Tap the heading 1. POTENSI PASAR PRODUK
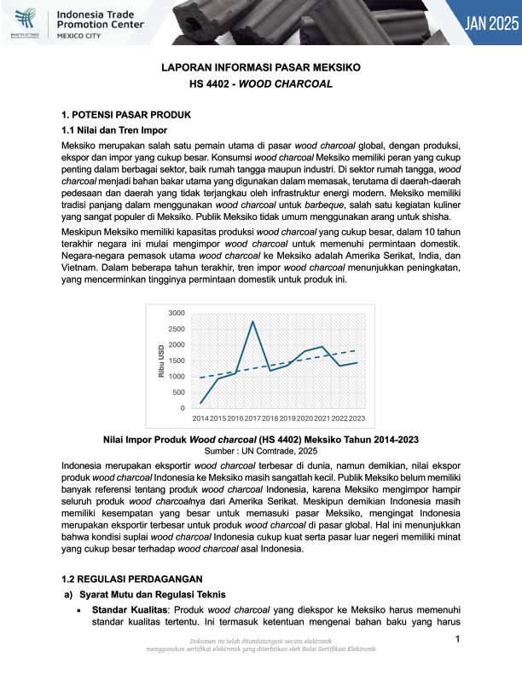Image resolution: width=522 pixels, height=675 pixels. (x=126, y=114)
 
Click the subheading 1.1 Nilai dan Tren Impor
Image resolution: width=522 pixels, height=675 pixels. (x=113, y=130)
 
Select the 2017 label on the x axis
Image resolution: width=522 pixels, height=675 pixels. (x=252, y=418)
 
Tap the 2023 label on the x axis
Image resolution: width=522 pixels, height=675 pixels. (x=357, y=418)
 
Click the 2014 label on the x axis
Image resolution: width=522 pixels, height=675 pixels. (x=200, y=418)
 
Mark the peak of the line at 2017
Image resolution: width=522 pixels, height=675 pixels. (x=252, y=321)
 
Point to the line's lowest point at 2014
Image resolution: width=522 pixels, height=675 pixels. (x=200, y=403)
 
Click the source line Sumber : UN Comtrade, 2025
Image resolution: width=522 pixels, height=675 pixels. (x=260, y=450)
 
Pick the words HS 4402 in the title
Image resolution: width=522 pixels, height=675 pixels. (x=210, y=84)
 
